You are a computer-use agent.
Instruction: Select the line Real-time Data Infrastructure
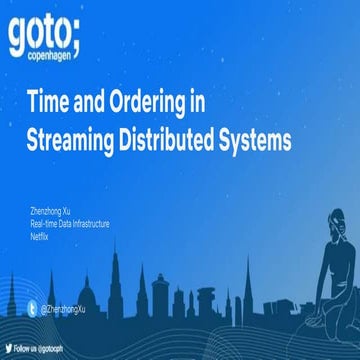[x=69, y=223]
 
